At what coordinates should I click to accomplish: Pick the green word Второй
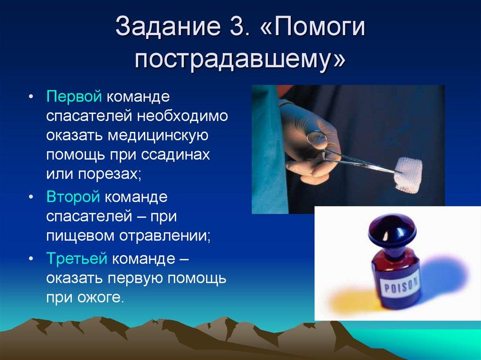pyautogui.click(x=73, y=197)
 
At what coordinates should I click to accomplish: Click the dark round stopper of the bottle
pyautogui.click(x=393, y=229)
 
